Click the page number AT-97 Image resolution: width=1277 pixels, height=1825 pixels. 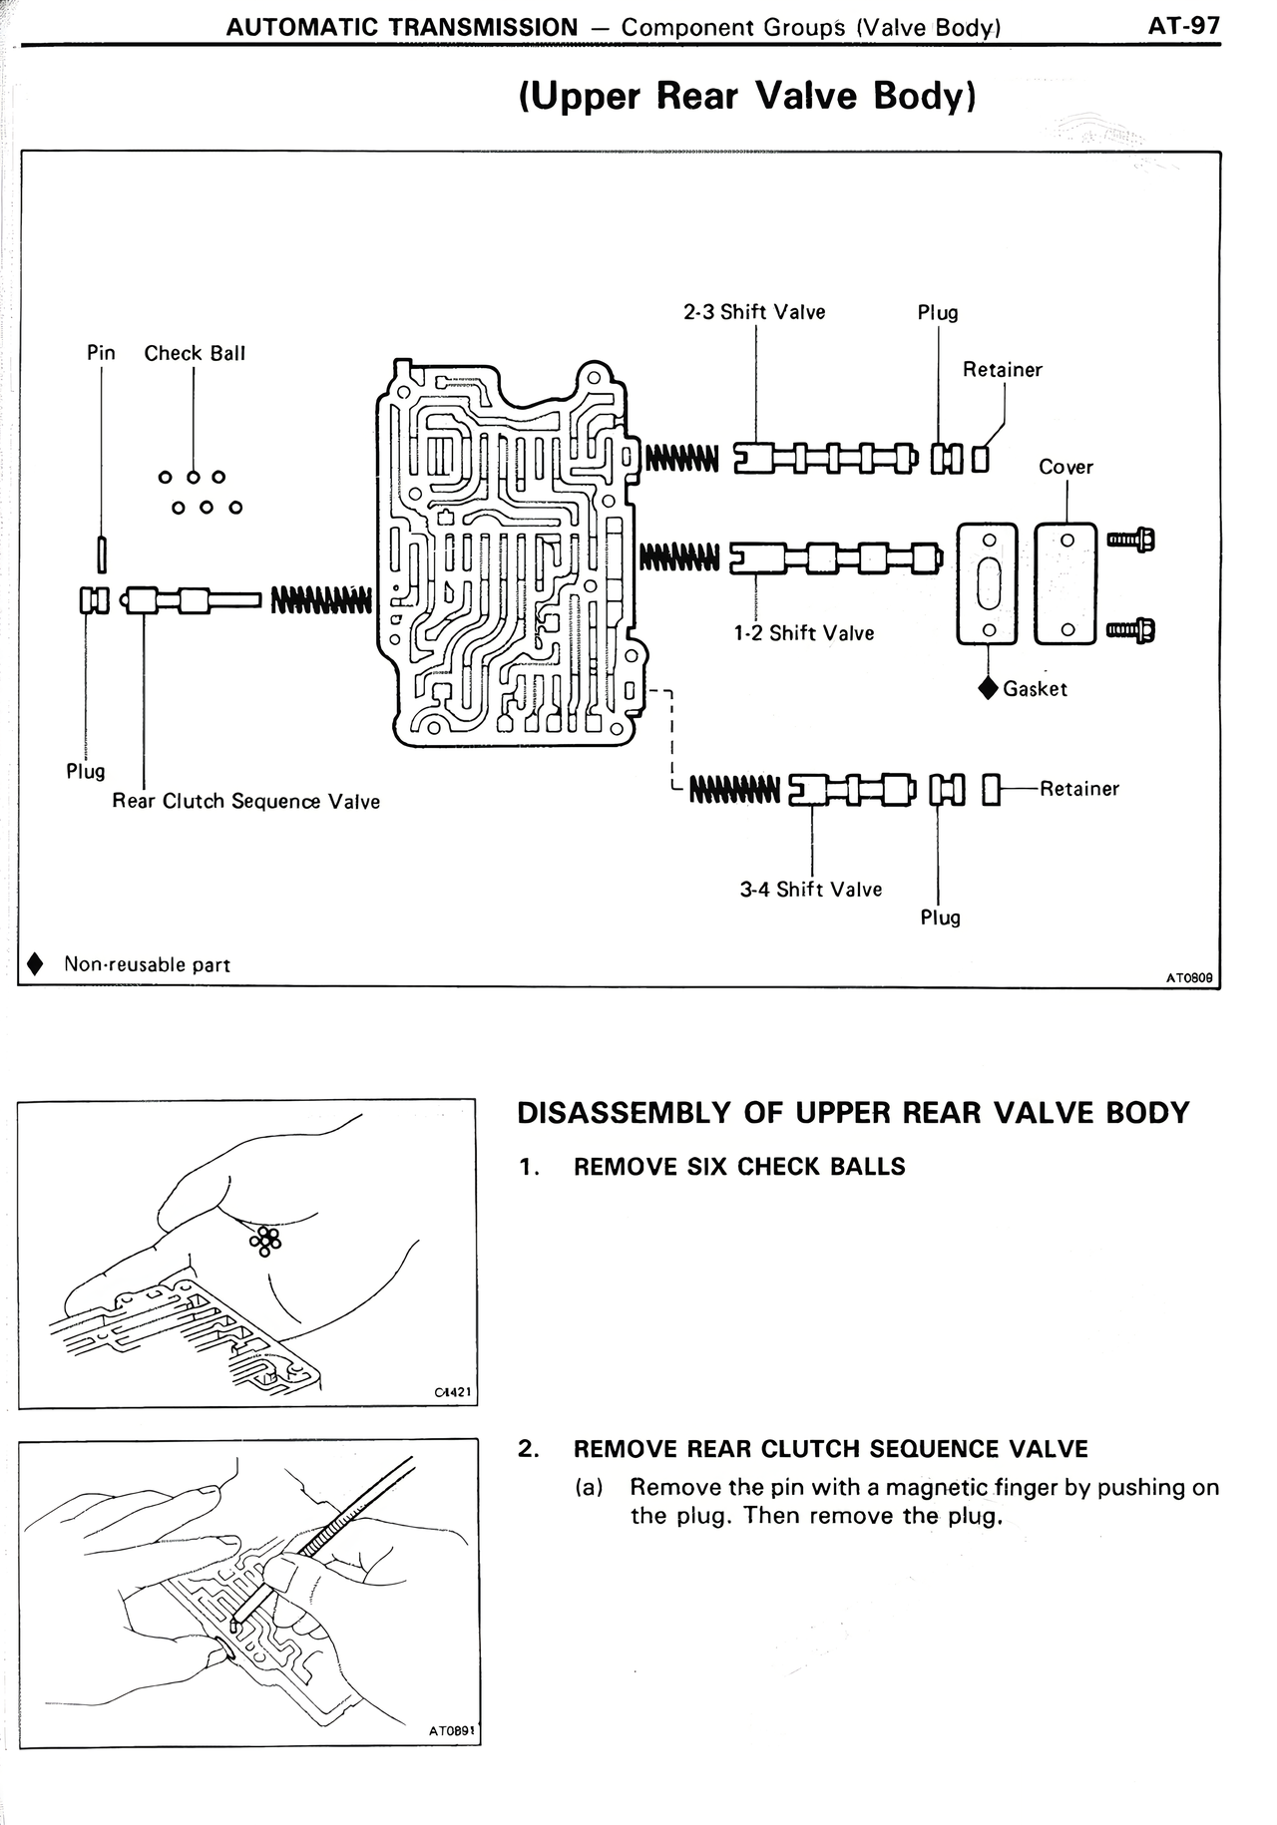[x=1184, y=25]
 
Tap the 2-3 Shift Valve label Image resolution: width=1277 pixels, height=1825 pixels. [x=754, y=312]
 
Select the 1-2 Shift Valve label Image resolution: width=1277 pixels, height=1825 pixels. [x=803, y=633]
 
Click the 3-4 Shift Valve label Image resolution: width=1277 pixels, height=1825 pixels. [x=810, y=889]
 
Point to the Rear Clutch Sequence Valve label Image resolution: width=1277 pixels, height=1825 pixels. [x=245, y=802]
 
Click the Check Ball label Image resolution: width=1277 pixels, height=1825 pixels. [x=195, y=353]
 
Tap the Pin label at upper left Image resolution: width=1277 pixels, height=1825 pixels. [x=101, y=353]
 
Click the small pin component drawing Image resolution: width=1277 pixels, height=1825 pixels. [x=102, y=550]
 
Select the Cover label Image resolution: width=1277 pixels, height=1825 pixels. [x=1065, y=467]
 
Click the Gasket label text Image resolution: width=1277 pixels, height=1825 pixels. [x=1035, y=689]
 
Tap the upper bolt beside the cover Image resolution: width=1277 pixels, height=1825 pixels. [x=1131, y=541]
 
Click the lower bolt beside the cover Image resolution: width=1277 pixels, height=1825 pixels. [x=1131, y=630]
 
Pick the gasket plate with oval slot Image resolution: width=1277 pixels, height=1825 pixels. [x=988, y=583]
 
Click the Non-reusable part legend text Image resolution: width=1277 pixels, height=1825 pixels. [x=147, y=964]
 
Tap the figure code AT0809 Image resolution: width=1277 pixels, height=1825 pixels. [x=1188, y=978]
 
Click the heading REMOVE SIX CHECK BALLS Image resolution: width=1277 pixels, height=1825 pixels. [x=739, y=1167]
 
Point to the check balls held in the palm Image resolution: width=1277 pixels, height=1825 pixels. [x=266, y=1240]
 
